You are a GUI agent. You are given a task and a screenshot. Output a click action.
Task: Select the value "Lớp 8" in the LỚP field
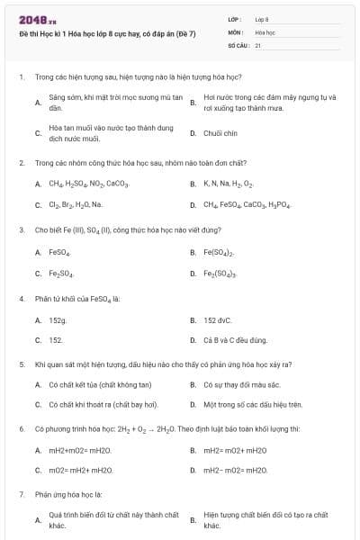point(262,19)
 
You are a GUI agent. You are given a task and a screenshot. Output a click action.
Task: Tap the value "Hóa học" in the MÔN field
point(265,31)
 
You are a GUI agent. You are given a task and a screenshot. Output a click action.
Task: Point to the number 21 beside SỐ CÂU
point(258,44)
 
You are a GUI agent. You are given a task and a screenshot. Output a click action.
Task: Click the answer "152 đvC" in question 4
point(219,319)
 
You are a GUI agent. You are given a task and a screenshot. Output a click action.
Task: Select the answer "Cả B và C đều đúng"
point(235,340)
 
